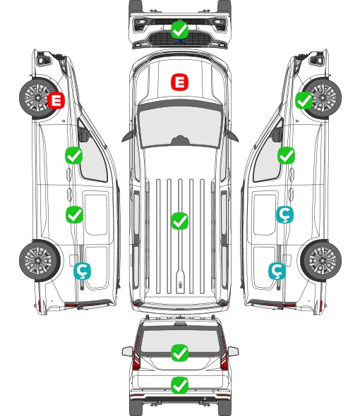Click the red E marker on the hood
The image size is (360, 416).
(x=179, y=82)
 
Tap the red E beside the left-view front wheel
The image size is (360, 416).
(x=56, y=100)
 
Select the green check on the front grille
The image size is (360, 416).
(x=179, y=30)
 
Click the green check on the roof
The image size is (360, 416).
(x=179, y=221)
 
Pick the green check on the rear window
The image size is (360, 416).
(x=179, y=353)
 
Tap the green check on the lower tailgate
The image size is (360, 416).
(x=179, y=385)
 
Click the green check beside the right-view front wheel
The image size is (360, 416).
(x=304, y=100)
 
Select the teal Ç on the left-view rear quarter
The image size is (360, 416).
(x=82, y=271)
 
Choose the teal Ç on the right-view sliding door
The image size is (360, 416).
(x=284, y=214)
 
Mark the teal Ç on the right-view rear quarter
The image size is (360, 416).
(x=277, y=271)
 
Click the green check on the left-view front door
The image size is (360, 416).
(x=73, y=155)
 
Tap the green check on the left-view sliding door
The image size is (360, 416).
(x=74, y=214)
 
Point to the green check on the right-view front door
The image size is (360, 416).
(x=286, y=155)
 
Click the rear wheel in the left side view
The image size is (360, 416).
(x=40, y=260)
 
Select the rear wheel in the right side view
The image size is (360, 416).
(x=321, y=260)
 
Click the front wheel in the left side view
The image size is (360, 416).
(x=39, y=98)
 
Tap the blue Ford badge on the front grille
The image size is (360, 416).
(x=179, y=41)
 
